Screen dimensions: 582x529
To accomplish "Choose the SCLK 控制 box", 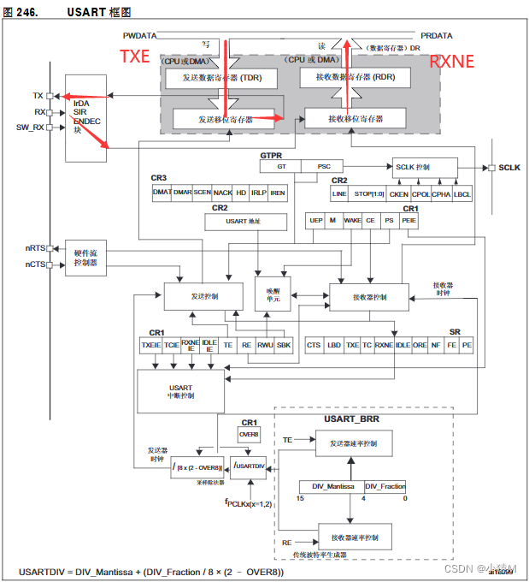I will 425,167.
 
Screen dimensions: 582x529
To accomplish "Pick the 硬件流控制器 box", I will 85,257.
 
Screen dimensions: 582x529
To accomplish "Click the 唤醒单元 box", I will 273,294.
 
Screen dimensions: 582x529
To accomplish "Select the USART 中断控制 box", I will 180,391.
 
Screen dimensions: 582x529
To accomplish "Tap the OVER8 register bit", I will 249,434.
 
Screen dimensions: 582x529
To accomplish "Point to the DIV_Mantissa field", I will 332,486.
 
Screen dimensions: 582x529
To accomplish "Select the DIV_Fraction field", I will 385,486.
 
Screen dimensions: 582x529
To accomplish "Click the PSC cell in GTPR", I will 324,167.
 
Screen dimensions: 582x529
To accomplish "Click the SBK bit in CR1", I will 284,345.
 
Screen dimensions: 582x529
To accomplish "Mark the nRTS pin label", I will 34,248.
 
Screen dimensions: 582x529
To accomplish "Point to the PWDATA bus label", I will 141,36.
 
